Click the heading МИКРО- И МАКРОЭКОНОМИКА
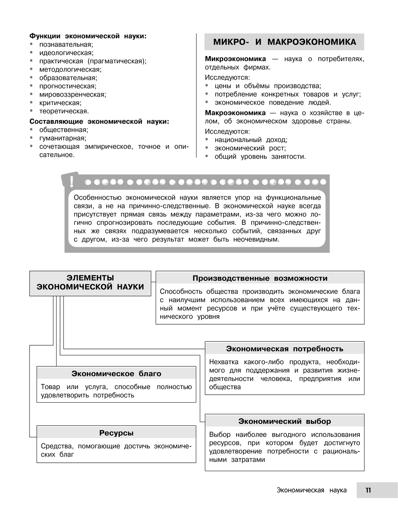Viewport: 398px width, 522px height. point(284,42)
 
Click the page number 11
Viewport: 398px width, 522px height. point(368,490)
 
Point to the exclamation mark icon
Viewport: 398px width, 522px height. point(72,181)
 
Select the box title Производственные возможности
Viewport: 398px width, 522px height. point(260,278)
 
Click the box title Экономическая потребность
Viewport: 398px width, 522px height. point(285,349)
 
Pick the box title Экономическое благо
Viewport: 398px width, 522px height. point(116,373)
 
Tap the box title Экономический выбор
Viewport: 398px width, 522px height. point(285,421)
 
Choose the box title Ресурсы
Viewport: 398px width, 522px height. point(116,432)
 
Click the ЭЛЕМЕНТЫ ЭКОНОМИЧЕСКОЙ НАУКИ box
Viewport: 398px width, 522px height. point(90,282)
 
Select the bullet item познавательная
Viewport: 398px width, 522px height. point(66,44)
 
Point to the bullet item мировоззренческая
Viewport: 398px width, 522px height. point(72,94)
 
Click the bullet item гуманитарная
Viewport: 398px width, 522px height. point(62,138)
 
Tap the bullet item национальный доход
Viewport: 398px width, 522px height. point(251,140)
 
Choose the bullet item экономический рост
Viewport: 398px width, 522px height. point(250,148)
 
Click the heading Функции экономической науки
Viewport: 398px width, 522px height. point(88,36)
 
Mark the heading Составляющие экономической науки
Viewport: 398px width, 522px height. point(99,121)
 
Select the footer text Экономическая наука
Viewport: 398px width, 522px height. point(311,490)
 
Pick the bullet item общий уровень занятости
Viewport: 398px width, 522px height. point(260,156)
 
